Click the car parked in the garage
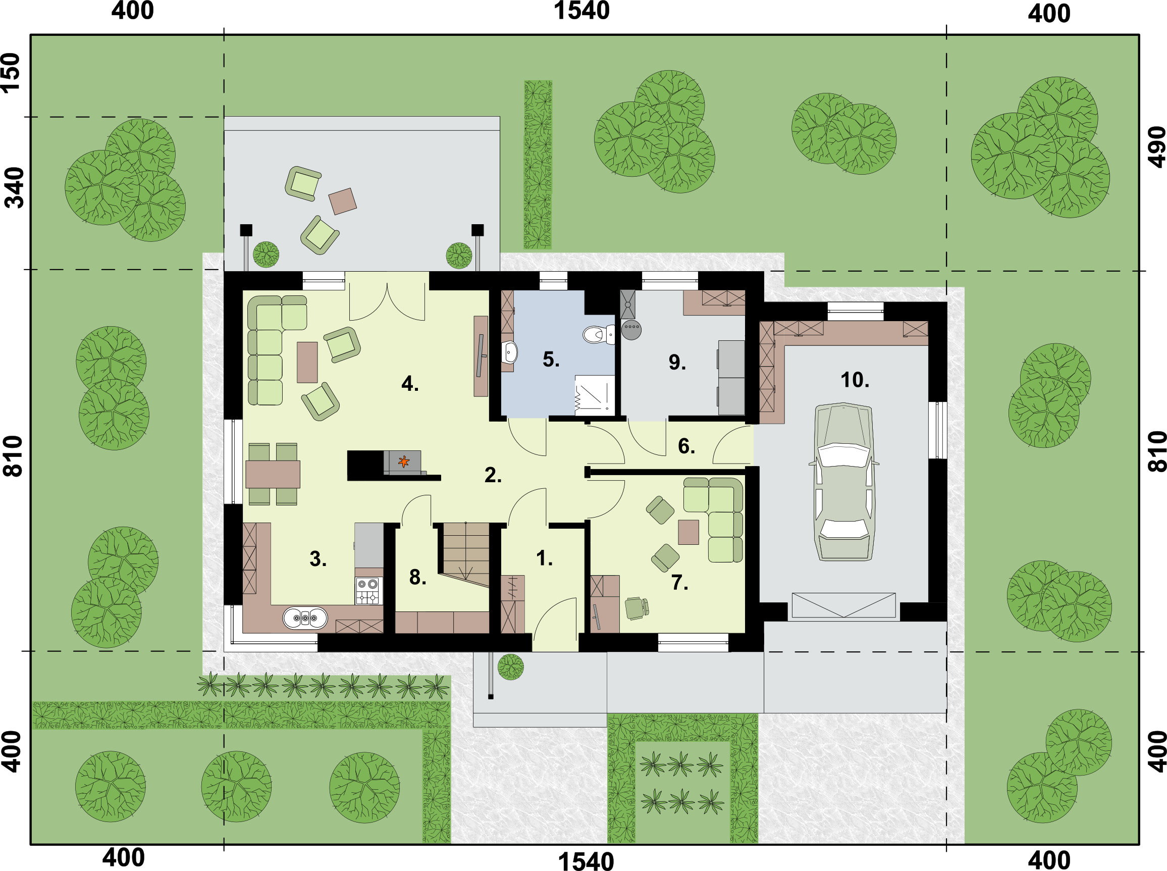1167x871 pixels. (x=843, y=481)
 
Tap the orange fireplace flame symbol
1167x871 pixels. (x=404, y=462)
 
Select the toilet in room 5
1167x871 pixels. (x=599, y=334)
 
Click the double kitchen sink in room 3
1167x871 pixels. (x=305, y=618)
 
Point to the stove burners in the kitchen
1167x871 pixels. (x=368, y=590)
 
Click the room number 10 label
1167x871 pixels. (x=855, y=380)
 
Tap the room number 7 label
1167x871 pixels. (x=679, y=583)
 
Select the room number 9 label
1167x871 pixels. (x=677, y=362)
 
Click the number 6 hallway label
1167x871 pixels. (x=686, y=446)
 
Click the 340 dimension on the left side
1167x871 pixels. (x=14, y=188)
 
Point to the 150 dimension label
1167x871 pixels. (x=10, y=73)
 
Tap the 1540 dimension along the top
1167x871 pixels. (x=581, y=11)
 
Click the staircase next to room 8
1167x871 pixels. (x=466, y=553)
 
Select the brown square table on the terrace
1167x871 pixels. (x=343, y=201)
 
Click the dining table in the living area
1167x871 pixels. (x=273, y=474)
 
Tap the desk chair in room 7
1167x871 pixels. (x=636, y=608)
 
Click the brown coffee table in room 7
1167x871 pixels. (x=688, y=532)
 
